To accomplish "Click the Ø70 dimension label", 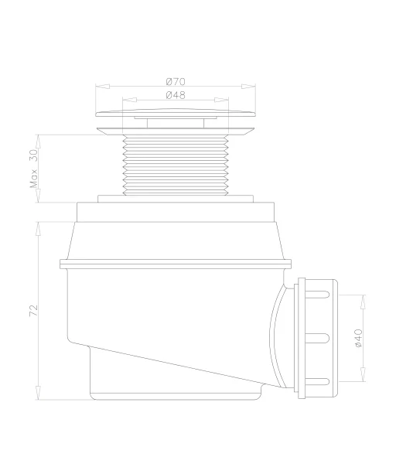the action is pos(176,82).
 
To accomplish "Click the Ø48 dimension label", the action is pos(176,95).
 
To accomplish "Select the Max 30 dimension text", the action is pos(34,169).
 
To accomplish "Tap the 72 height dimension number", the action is pos(33,311).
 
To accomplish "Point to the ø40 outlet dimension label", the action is pos(358,338).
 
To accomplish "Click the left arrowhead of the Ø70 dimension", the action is pos(102,87).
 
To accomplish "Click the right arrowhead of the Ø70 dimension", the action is pos(248,87).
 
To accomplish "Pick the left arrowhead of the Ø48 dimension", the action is pos(129,100).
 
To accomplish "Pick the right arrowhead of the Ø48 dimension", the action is pos(221,100).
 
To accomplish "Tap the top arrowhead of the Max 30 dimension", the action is pos(38,142).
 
